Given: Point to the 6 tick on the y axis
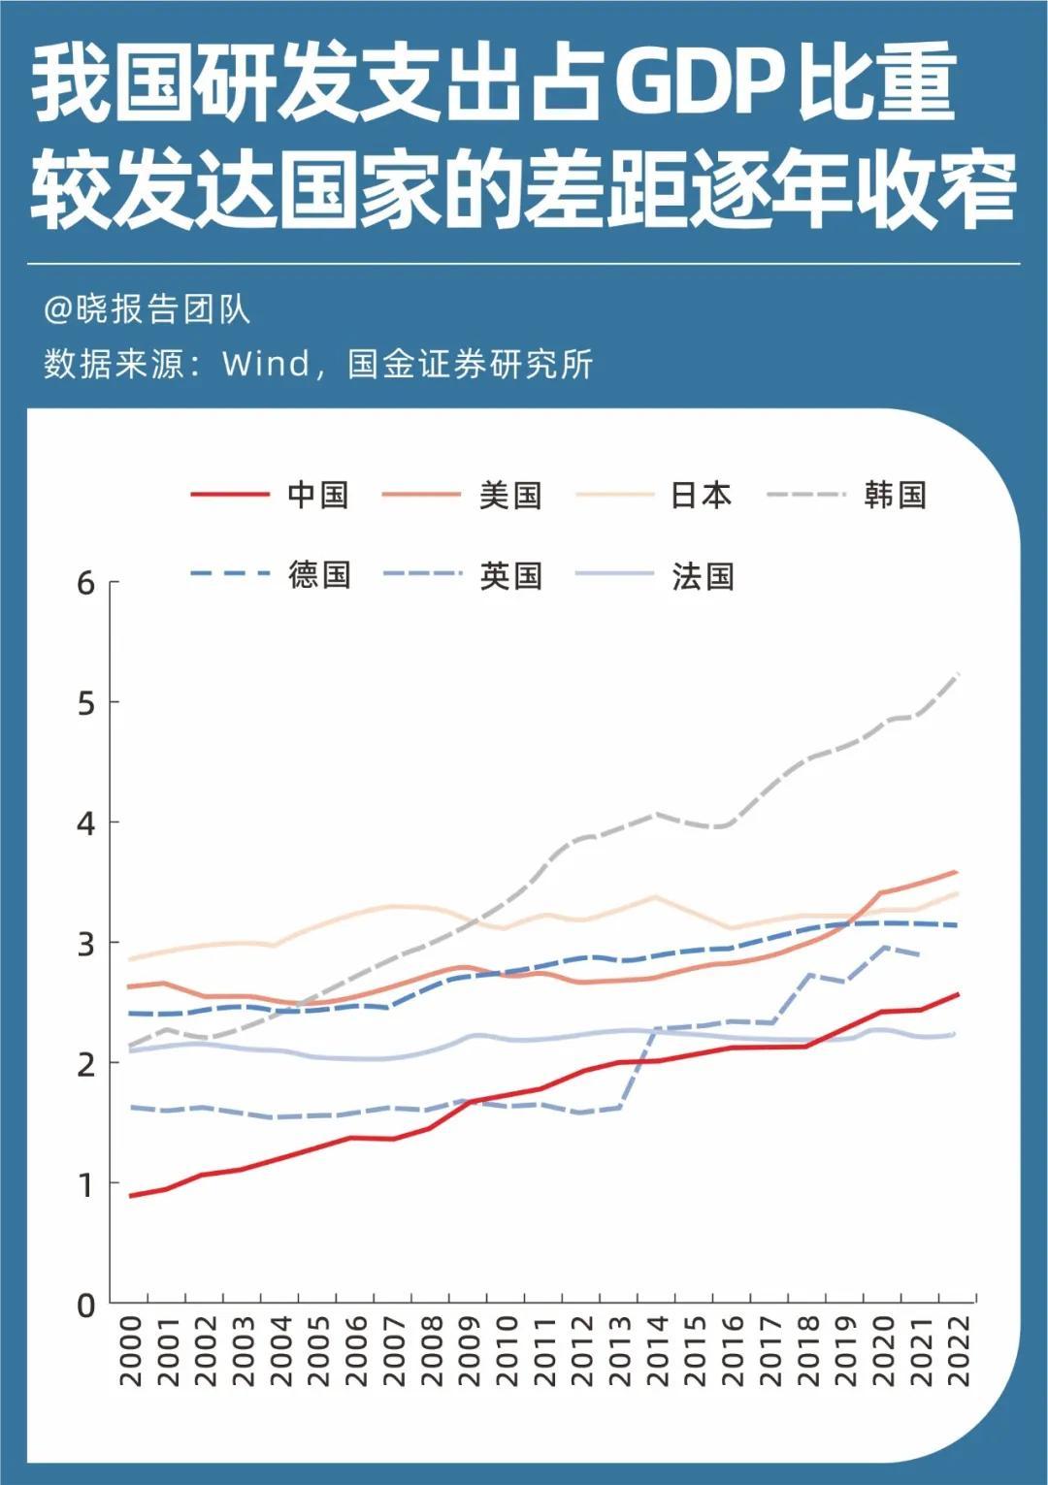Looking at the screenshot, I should (87, 583).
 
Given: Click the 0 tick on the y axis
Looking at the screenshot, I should (87, 1306).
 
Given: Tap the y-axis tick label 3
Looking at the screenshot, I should (87, 944).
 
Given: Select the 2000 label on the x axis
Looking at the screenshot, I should (131, 1351).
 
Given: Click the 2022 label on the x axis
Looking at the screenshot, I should (958, 1351).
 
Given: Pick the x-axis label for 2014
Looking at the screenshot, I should (657, 1351).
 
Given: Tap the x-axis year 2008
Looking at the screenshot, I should (432, 1351).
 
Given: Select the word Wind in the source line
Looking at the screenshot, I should (265, 365).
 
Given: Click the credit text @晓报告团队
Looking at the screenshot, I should (147, 309).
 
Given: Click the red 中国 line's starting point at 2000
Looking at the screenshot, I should (131, 1196).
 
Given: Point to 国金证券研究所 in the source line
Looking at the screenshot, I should (470, 365).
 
